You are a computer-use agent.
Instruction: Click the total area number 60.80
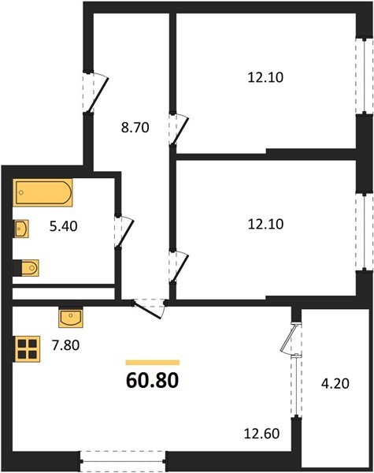point(152,382)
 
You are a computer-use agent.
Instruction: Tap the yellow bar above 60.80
point(152,362)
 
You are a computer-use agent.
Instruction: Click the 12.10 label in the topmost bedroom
point(264,77)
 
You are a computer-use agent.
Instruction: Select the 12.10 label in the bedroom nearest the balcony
point(264,224)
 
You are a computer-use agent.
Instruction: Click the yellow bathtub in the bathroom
point(43,192)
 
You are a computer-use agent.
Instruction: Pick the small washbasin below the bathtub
point(21,229)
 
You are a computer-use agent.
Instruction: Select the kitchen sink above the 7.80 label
point(72,317)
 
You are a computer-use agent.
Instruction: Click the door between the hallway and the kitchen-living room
point(148,304)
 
